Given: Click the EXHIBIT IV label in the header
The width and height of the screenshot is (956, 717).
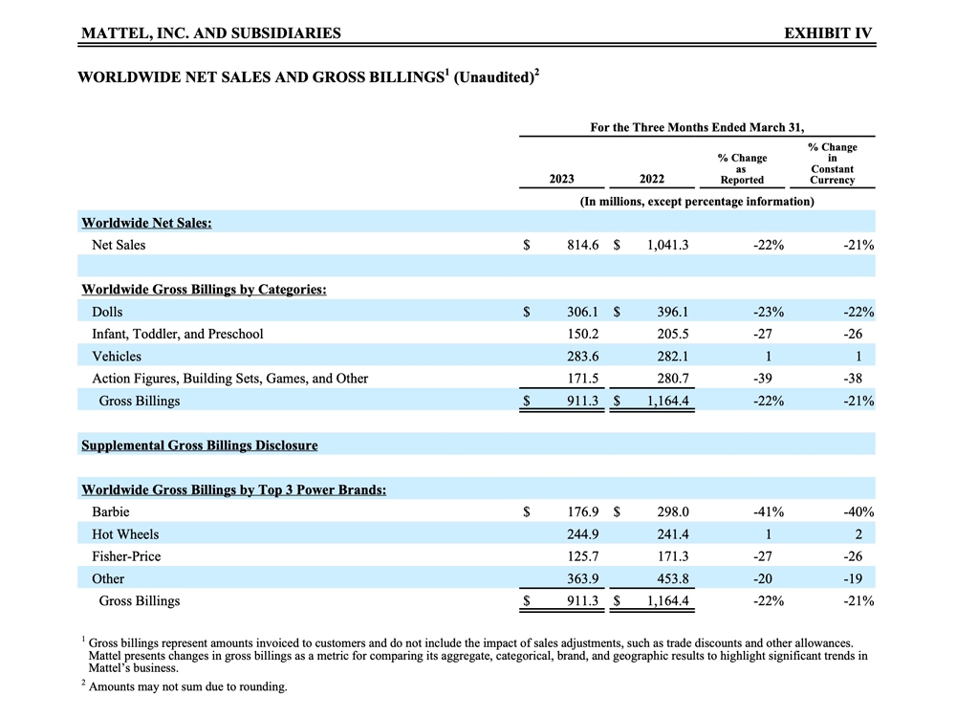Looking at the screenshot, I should click(x=828, y=33).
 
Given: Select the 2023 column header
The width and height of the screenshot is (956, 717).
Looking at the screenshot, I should click(x=562, y=179).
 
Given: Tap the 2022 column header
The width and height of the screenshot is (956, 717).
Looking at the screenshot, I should click(x=652, y=179).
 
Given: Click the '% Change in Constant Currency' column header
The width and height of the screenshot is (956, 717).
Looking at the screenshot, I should click(x=832, y=163).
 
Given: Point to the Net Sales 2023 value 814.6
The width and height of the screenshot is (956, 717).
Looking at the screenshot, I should click(x=582, y=245).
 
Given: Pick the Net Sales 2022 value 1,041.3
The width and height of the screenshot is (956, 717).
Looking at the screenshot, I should click(x=667, y=245).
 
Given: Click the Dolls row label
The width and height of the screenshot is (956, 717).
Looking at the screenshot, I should click(x=107, y=312).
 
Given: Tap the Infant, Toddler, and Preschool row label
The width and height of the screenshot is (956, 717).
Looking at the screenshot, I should click(x=177, y=334).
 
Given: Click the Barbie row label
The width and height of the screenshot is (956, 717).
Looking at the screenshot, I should click(x=111, y=512).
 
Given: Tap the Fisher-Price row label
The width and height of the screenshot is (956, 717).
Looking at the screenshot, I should click(x=126, y=556).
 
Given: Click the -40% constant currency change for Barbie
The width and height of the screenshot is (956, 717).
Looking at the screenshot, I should click(x=858, y=512).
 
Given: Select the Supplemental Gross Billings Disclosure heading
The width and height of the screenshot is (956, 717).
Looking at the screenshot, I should click(x=199, y=445).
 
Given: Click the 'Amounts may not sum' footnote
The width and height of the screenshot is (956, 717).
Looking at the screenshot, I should click(x=187, y=686).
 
